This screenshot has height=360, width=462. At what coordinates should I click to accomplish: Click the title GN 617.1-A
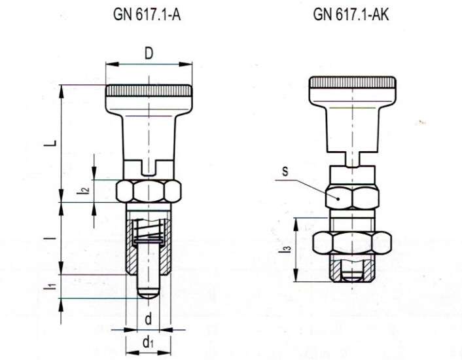coord(148,14)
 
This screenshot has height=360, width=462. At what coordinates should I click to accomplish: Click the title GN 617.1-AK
coord(351,14)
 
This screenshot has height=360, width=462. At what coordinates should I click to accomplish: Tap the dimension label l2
coord(83,191)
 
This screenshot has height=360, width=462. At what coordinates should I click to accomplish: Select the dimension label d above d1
coord(149,320)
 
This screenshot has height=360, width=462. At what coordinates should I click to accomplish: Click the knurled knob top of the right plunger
coord(353,83)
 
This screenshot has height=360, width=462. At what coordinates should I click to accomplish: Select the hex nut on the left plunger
coord(149,192)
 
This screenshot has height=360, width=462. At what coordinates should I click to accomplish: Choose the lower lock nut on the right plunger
coord(353,243)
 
